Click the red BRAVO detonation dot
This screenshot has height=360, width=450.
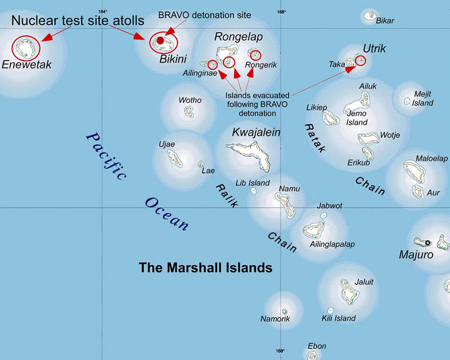coord(160,40)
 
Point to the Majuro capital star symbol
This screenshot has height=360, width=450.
coord(428,243)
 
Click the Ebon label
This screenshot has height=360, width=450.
coord(317,346)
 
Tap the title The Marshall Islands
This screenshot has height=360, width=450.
coord(205,267)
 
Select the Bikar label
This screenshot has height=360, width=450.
coord(385,20)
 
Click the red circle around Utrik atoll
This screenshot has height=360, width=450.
coord(360,60)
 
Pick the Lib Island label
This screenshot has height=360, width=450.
coord(252,183)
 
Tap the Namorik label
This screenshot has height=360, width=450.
coord(275,319)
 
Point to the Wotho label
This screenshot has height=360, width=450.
coord(190,100)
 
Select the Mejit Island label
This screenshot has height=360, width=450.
coord(422,98)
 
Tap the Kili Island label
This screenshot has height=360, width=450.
coord(338,318)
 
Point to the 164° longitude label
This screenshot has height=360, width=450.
coord(102,12)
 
